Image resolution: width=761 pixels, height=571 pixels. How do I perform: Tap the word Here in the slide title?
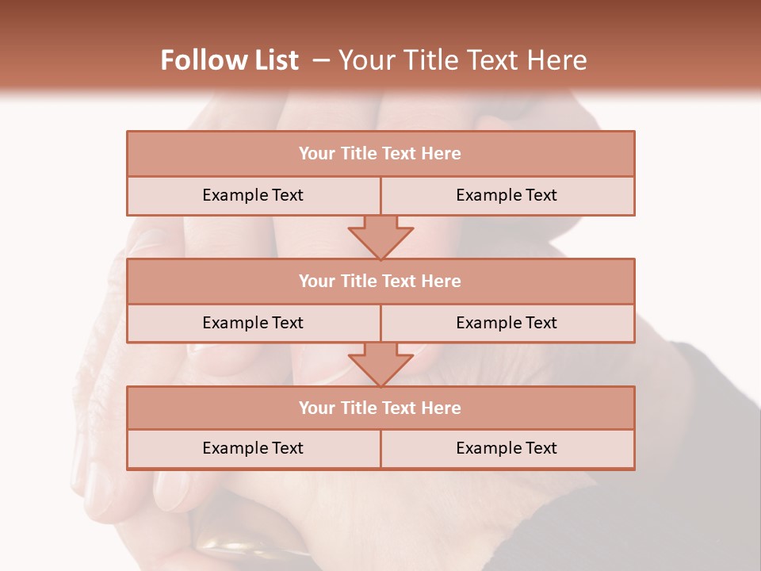(558, 60)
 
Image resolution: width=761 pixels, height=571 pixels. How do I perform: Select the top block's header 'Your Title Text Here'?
(380, 154)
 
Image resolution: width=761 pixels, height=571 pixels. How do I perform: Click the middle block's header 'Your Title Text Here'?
(380, 282)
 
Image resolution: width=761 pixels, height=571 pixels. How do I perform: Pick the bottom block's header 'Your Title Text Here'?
(380, 408)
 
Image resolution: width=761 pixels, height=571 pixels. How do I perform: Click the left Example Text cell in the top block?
(253, 196)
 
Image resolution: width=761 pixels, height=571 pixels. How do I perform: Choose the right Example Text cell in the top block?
(507, 196)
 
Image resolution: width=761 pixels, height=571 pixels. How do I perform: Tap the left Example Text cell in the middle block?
(253, 323)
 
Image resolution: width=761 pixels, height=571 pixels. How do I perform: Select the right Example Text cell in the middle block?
(507, 323)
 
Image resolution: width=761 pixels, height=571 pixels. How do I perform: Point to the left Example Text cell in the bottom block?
(253, 449)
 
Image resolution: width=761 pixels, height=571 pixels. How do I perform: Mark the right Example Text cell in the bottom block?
(507, 449)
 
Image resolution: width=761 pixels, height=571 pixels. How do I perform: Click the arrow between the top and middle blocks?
(380, 237)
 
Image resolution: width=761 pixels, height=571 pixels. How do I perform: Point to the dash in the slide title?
(321, 60)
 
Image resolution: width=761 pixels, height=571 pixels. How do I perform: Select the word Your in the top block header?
(317, 154)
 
